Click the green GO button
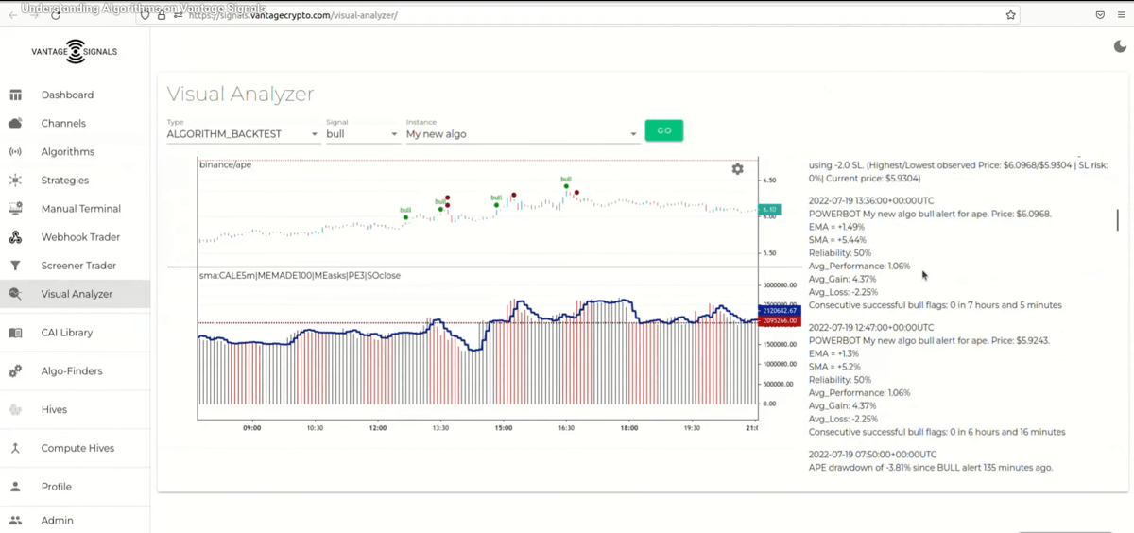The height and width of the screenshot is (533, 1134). click(x=663, y=130)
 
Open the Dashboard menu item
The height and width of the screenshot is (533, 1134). click(x=67, y=95)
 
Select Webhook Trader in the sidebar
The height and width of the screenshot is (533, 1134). click(x=80, y=237)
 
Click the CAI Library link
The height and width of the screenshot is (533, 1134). click(x=67, y=333)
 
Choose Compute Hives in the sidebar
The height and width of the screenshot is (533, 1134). click(x=77, y=448)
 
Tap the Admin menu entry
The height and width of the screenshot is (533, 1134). click(x=57, y=520)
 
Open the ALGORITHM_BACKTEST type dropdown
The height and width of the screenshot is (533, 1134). click(x=243, y=134)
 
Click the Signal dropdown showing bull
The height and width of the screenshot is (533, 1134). click(x=362, y=134)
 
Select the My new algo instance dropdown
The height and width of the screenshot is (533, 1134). click(x=522, y=134)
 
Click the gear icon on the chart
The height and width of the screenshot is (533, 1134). click(x=737, y=169)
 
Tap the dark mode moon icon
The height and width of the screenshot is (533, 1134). click(x=1121, y=47)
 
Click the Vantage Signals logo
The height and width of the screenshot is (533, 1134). click(x=75, y=52)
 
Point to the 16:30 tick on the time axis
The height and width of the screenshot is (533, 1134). click(x=565, y=428)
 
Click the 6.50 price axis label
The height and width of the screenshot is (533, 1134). click(x=769, y=180)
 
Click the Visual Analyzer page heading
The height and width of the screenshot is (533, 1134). click(x=240, y=94)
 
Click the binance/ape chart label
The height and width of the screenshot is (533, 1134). click(x=225, y=164)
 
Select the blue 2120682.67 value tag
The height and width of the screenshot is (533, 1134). click(x=779, y=310)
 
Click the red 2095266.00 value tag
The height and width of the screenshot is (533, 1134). click(x=779, y=321)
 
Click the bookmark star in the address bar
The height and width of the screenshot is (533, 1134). click(x=1011, y=15)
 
